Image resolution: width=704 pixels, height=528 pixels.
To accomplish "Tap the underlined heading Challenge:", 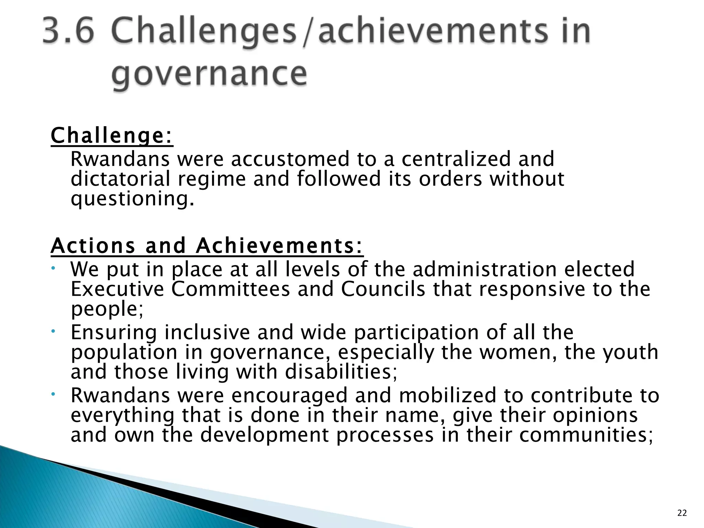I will (x=112, y=136).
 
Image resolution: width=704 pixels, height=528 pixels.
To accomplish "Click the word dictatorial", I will (x=120, y=179).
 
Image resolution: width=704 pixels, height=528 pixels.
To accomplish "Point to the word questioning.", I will (x=132, y=199).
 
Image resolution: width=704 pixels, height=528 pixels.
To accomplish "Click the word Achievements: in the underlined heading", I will (x=279, y=246).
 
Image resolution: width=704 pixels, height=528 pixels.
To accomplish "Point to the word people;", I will (x=107, y=309).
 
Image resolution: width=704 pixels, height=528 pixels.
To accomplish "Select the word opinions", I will (x=595, y=415).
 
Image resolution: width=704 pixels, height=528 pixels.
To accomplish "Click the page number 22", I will (x=682, y=513).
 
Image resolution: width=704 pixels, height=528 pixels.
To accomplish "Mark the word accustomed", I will (x=290, y=159).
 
